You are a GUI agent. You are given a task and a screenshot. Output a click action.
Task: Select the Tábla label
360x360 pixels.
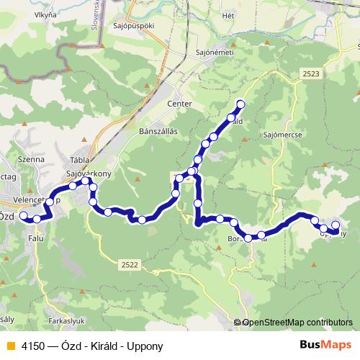pos(78,161)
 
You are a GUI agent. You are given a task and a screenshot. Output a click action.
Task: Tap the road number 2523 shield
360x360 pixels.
pos(311,74)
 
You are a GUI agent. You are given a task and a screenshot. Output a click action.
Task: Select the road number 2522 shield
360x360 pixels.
pos(130,265)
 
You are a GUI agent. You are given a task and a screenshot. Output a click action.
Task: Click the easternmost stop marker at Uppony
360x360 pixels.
pos(335,227)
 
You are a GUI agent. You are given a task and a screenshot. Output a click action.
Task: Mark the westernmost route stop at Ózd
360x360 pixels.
pos(23,215)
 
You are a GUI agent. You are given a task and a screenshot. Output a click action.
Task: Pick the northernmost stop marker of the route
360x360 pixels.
pos(240,105)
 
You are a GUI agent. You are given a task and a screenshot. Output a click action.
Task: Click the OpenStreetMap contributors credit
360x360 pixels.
pos(297,323)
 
